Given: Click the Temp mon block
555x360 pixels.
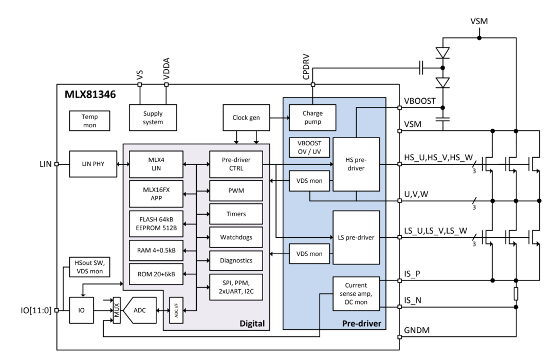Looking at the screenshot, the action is click(89, 121).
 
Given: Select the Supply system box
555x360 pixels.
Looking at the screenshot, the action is click(153, 118).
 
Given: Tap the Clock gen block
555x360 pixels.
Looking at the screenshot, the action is click(246, 118).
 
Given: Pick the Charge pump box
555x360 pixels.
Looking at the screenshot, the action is click(312, 118).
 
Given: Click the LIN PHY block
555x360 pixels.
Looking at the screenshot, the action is click(93, 164).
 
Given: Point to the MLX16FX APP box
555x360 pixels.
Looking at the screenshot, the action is click(156, 194).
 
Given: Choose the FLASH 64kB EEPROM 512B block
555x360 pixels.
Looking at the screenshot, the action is click(156, 224).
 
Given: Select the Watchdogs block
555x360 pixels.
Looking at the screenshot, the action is click(236, 237).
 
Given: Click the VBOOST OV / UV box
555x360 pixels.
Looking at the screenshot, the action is click(309, 147).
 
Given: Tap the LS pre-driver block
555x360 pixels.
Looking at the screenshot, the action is click(356, 237).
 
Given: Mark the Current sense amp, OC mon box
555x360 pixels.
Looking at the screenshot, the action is click(356, 294).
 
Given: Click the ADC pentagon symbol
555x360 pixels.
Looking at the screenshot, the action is click(139, 310).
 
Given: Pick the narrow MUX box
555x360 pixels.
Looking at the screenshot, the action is click(117, 310).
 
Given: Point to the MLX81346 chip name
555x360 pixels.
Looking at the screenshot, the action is click(90, 95).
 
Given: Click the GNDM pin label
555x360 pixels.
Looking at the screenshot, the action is click(417, 330).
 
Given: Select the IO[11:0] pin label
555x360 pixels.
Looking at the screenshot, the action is click(36, 311).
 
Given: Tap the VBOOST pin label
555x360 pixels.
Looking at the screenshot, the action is click(420, 101).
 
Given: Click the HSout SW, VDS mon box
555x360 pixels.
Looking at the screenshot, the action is click(89, 267).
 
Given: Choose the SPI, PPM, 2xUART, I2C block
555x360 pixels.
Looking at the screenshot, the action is click(236, 287).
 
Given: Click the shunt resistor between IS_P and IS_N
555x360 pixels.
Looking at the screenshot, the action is click(516, 294).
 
